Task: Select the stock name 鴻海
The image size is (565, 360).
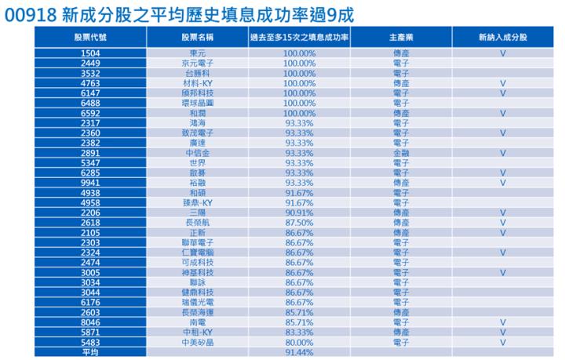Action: point(199,122)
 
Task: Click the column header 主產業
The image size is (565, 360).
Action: point(400,36)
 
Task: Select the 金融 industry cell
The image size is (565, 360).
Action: point(400,152)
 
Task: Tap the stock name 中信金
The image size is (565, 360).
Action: point(199,152)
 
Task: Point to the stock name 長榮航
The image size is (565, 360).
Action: point(199,223)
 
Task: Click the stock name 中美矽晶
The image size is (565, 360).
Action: point(199,343)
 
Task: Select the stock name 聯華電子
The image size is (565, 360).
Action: point(199,242)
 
